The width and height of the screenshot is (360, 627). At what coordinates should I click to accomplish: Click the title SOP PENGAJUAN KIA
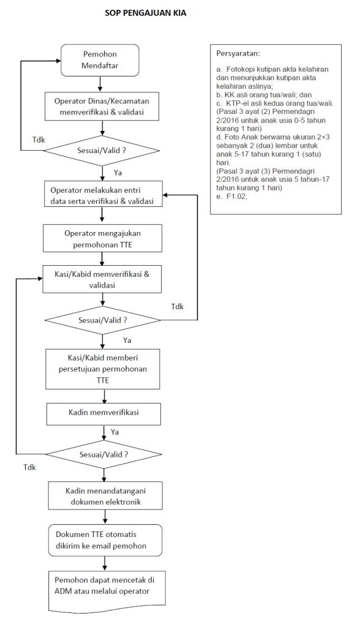point(145,13)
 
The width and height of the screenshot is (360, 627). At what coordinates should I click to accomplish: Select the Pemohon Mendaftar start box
point(100,60)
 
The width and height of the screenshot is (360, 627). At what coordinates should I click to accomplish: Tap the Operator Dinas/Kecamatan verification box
point(102,107)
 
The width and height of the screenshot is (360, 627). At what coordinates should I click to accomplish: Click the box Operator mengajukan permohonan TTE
point(102,238)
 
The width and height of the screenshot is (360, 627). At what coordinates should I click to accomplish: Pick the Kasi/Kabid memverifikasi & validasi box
point(102,279)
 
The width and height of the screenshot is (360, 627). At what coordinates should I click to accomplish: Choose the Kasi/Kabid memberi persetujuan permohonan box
point(103,369)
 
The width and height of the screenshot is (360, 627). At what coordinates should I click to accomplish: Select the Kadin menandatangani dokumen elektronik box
point(105,496)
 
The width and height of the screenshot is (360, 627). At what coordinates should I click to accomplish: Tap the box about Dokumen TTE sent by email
point(105,540)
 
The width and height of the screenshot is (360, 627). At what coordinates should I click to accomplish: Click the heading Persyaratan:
point(238,54)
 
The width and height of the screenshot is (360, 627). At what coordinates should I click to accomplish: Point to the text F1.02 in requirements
point(236,197)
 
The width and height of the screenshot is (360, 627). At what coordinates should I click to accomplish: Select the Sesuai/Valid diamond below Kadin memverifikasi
point(104,455)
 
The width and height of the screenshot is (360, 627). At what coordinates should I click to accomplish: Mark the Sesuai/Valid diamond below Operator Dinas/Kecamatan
point(102,151)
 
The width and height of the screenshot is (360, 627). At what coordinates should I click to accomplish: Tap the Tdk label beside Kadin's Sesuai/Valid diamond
point(29,467)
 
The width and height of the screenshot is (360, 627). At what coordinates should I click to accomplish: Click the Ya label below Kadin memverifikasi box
point(115,432)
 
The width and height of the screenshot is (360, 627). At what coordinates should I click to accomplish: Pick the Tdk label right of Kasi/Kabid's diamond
point(177,307)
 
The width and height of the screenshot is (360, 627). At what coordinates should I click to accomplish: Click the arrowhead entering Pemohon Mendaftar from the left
point(58,61)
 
